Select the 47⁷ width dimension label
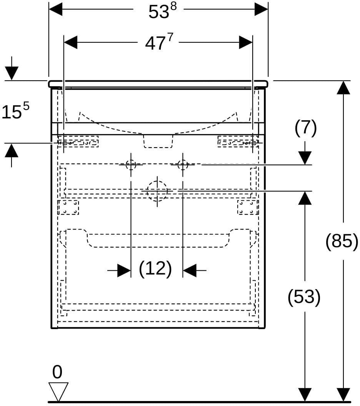pos(159,42)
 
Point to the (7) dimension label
pos(306,128)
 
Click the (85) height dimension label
pos(342,241)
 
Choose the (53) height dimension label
pos(304,296)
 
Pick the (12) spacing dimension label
pos(155,268)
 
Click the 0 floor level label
pos(57,372)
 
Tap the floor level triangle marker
pos(58,392)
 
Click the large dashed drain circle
pos(157,191)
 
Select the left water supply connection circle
pos(131,165)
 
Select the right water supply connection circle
pos(183,165)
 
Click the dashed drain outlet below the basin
pos(158,141)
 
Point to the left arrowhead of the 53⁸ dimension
pos(56,9)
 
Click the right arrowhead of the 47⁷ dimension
pos(246,42)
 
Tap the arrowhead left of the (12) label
pos(124,271)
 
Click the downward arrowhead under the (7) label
pos(305,158)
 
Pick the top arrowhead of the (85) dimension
pos(343,88)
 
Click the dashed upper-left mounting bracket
pos(78,141)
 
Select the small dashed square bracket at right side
pos(248,207)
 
